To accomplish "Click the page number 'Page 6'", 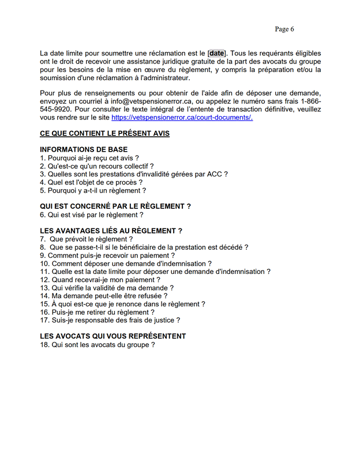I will [x=284, y=29].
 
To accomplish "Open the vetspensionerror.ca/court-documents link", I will [x=182, y=118].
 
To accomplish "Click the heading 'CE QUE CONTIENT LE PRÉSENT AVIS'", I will [x=104, y=134].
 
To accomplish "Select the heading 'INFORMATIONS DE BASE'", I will [x=84, y=149].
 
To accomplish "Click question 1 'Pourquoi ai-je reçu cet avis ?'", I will [x=89, y=157].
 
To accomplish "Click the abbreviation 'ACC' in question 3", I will [x=215, y=174].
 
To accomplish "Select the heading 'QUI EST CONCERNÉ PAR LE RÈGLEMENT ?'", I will [x=115, y=206].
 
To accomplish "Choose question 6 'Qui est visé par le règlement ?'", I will [x=92, y=215].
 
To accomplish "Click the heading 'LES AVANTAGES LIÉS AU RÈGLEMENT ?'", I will [x=111, y=231].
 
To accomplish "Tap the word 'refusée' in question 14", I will [x=148, y=295].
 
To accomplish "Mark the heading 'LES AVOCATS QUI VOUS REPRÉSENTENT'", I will [x=112, y=336].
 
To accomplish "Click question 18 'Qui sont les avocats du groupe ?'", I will [x=97, y=344].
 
